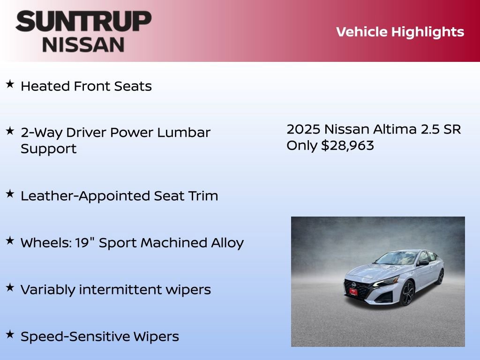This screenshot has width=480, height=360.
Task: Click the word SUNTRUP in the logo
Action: click(83, 22)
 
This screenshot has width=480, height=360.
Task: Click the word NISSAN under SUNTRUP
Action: click(83, 45)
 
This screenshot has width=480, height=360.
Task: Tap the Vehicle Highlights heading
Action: click(400, 32)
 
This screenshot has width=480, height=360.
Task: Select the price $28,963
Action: click(347, 145)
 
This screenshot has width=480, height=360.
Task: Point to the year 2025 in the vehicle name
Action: click(303, 129)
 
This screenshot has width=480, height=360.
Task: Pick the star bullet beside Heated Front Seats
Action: click(9, 84)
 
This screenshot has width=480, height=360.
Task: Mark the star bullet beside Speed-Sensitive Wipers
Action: click(9, 334)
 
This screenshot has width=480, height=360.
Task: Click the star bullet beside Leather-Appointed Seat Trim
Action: click(9, 194)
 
